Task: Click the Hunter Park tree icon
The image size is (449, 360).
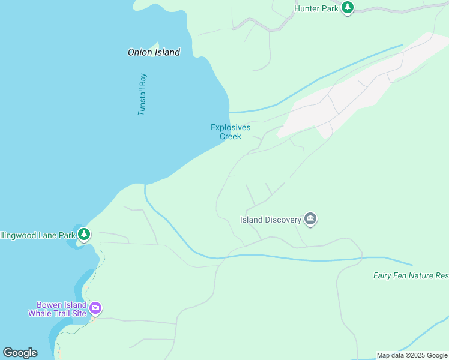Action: coord(348,8)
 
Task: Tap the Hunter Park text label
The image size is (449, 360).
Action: coord(316,8)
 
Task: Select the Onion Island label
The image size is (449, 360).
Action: coord(154,52)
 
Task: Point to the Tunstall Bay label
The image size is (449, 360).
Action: coord(142,94)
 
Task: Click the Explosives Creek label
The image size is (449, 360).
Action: coord(231,131)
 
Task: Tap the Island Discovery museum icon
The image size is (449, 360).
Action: coord(310,219)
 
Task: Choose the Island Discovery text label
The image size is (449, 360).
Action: coord(271,220)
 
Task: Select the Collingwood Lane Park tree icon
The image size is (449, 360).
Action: coord(84,234)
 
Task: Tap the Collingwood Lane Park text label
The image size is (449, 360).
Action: coord(38,235)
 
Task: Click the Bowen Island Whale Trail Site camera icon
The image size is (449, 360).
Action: coord(95,308)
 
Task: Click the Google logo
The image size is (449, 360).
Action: coord(20,352)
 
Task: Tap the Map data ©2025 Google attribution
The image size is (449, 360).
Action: coord(412,356)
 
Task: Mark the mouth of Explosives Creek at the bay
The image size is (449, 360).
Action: coord(229,112)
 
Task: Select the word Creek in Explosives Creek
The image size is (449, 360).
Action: coord(231,136)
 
